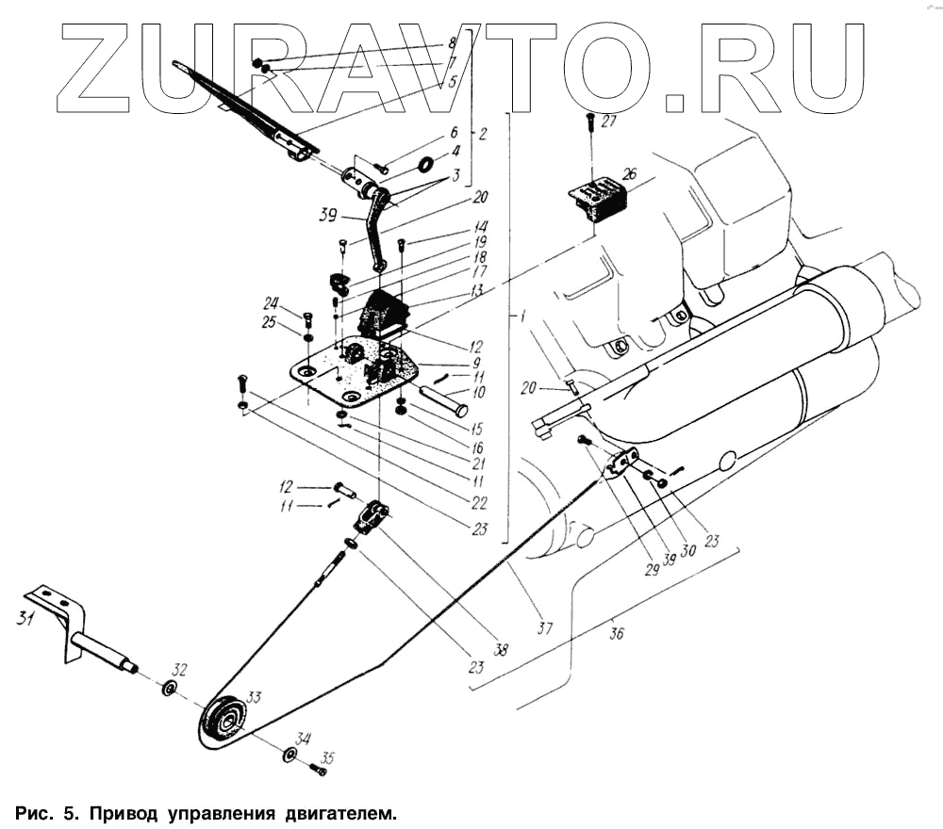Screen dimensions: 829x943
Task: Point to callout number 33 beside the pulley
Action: [x=254, y=698]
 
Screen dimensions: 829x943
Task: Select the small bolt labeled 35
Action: [x=318, y=770]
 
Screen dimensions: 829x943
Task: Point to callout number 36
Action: [x=616, y=632]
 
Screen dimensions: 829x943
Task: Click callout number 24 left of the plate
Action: [x=272, y=303]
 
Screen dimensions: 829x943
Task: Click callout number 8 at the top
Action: [x=452, y=43]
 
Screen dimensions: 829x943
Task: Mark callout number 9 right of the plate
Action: [x=476, y=362]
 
